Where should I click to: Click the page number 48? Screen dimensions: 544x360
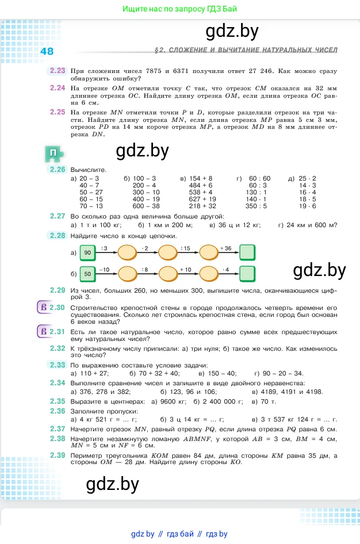coord(47,51)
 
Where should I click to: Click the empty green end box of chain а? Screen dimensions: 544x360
coord(247,252)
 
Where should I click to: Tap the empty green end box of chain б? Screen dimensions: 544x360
coord(247,273)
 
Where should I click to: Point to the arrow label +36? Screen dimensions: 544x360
coord(225,248)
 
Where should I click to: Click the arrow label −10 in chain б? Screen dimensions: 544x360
coord(104,269)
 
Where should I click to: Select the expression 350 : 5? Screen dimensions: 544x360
coord(256,206)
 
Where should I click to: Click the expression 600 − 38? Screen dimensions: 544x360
coord(146,206)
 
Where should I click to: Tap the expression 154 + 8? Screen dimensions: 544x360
coord(201,179)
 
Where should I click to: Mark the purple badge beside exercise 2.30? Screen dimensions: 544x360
coord(42,307)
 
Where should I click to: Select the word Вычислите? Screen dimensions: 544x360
coord(88,170)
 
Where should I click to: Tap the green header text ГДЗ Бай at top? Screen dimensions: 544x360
coord(221,9)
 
